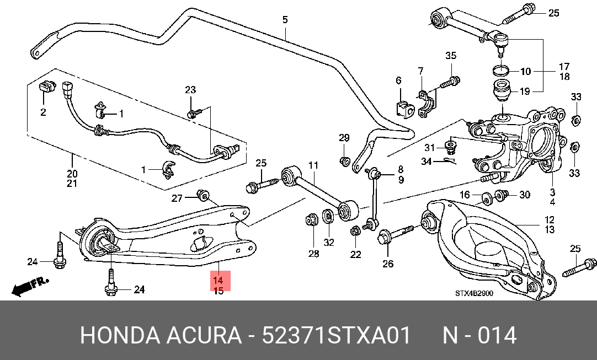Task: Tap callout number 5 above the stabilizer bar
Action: click(285, 19)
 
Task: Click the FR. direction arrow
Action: click(30, 287)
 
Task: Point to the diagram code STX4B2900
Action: click(474, 293)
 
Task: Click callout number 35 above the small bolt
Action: click(451, 56)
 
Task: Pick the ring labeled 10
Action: click(501, 70)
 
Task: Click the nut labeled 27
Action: click(203, 196)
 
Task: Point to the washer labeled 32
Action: click(327, 216)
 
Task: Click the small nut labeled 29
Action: click(344, 161)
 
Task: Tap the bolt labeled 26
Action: click(395, 234)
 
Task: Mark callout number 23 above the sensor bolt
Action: click(190, 90)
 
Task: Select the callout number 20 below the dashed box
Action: click(72, 174)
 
